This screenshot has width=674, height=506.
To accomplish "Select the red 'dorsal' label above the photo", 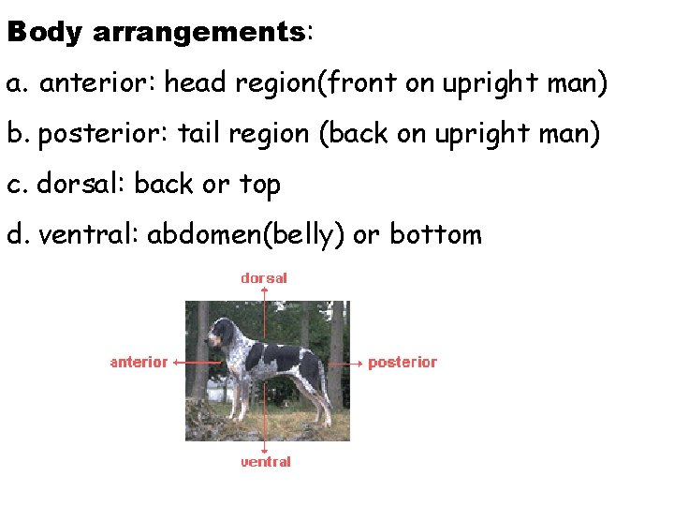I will (x=264, y=278).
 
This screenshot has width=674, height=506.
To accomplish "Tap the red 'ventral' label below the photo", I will (x=266, y=462).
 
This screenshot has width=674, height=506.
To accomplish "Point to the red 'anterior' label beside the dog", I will (x=139, y=362).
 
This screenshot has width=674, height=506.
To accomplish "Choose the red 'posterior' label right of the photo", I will (x=403, y=362).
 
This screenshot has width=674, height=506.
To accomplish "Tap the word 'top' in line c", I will (x=259, y=186).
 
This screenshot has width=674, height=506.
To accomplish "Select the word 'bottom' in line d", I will (x=435, y=234).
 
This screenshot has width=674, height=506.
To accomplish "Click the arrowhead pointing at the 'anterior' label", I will (x=178, y=362).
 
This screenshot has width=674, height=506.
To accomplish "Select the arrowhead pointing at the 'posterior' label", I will (x=359, y=362).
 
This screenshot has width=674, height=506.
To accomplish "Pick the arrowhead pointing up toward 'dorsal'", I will (x=265, y=290).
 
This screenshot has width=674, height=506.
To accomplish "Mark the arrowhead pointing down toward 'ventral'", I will (x=265, y=449).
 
